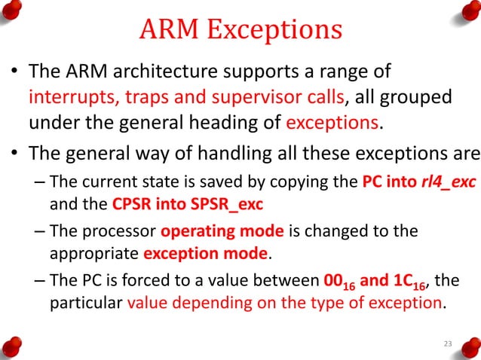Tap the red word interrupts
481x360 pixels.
coord(67,98)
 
